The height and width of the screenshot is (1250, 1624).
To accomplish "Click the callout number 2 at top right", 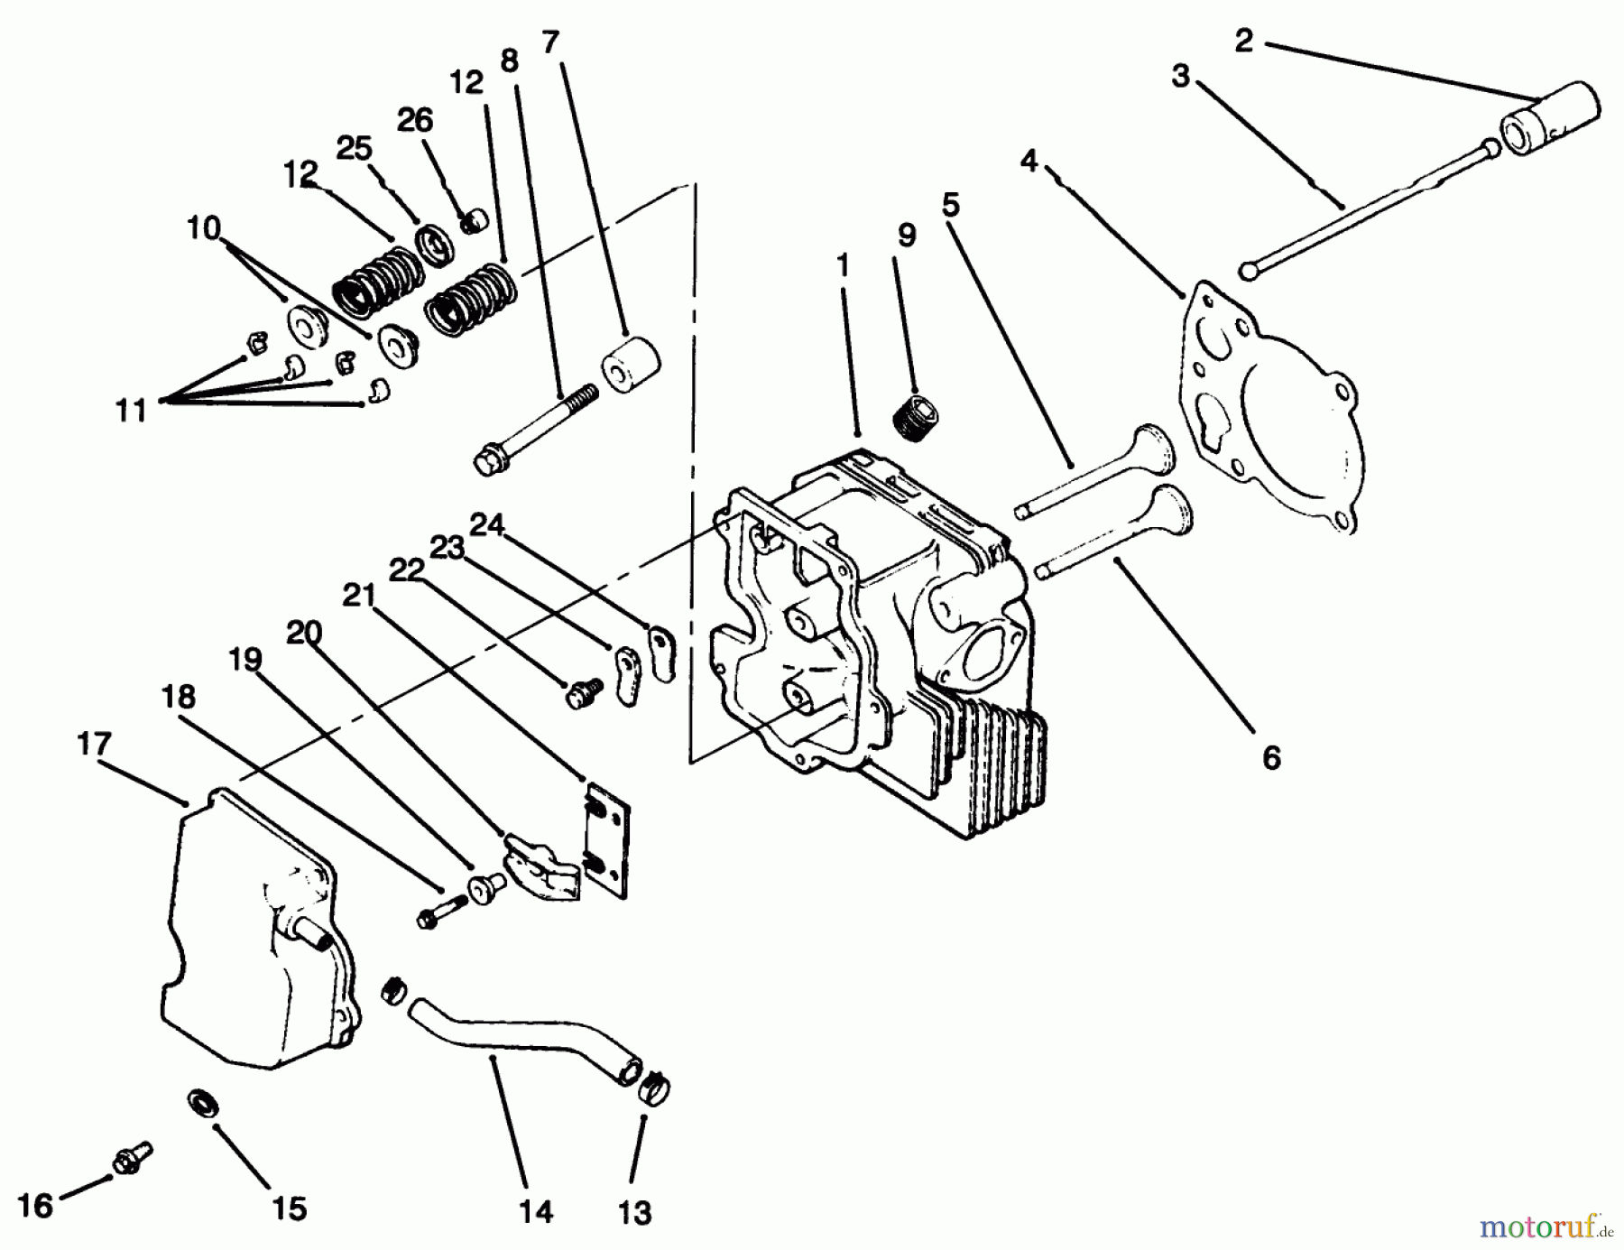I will [x=1244, y=41].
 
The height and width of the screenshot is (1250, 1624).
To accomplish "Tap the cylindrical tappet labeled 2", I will [x=1549, y=121].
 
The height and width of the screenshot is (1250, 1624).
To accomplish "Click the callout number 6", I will [x=1270, y=758].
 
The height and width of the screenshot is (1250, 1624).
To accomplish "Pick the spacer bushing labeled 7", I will [x=629, y=366].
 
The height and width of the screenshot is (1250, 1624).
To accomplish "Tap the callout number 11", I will [x=131, y=411].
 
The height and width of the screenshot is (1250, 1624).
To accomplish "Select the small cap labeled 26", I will [x=475, y=220].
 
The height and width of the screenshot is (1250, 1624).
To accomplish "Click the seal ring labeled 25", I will [x=438, y=246].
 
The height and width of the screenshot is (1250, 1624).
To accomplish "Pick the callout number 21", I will [x=358, y=596].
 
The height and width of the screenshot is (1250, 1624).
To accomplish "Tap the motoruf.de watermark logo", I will [x=1550, y=1226].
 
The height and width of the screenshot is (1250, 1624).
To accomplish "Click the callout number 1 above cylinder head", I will [x=843, y=265].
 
